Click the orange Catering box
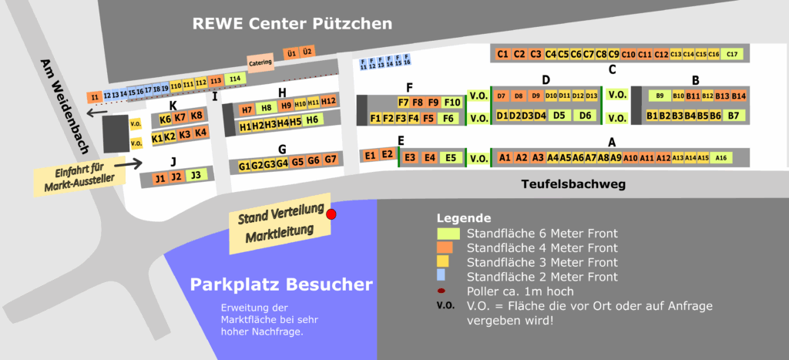(260, 61)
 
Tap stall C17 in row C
(732, 54)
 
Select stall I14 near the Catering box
(235, 79)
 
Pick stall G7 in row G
(331, 160)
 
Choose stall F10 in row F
(452, 102)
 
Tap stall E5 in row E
(451, 157)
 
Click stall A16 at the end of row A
(721, 157)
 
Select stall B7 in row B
(734, 116)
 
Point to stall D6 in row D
(586, 116)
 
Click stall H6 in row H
(311, 120)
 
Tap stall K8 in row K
(196, 116)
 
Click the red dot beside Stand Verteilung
(331, 214)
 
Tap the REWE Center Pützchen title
(292, 24)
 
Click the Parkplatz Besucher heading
(280, 284)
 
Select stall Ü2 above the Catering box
(307, 52)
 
